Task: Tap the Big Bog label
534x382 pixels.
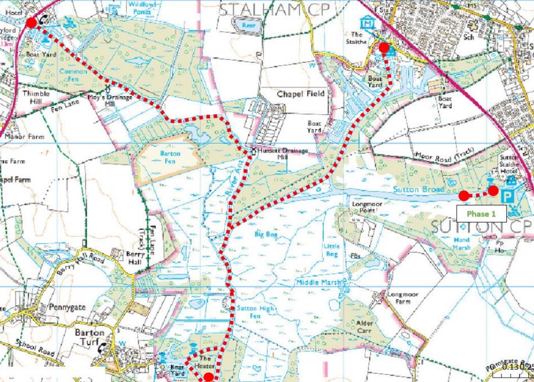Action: tap(266, 235)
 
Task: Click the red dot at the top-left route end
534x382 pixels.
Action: tap(31, 22)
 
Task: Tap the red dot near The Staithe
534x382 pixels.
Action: tap(384, 48)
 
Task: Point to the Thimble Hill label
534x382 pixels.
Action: tap(36, 97)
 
